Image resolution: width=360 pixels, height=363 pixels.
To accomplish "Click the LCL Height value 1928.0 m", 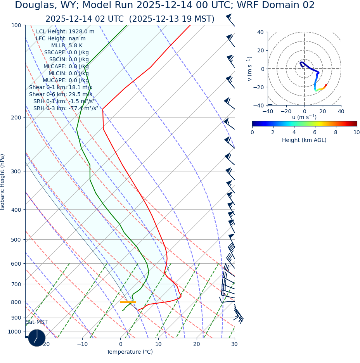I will tap(81, 31).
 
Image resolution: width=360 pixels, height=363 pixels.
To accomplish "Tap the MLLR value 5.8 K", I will tap(75, 45).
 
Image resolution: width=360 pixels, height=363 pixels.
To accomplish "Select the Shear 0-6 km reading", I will tap(61, 94).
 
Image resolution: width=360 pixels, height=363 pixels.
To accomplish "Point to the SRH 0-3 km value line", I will tap(66, 108).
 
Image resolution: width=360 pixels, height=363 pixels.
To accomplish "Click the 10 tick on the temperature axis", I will tap(158, 344).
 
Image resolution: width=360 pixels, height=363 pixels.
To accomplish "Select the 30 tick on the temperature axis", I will tap(234, 344).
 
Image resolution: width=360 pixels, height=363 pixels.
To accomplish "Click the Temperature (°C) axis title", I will tap(130, 352).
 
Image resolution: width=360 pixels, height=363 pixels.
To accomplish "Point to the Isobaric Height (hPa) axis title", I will tap(3, 182).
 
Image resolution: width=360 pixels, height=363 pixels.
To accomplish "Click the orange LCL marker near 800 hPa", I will tap(128, 302).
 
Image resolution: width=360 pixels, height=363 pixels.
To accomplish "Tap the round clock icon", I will tap(37, 338).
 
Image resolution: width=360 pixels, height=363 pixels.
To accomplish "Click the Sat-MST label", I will tap(37, 322).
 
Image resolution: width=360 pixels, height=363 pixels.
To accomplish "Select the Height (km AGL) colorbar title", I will tap(304, 140).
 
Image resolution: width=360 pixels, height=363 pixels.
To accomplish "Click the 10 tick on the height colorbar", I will tap(357, 132).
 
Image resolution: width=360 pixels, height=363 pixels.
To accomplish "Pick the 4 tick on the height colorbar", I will tap(294, 132).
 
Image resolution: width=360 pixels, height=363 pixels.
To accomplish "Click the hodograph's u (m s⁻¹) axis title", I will tap(304, 117).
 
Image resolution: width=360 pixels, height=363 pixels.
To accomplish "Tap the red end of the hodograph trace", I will tap(326, 85).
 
